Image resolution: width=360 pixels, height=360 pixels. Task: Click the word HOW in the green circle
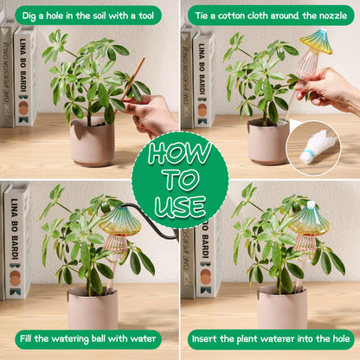[180, 152]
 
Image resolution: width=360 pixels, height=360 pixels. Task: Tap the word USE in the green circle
[180, 206]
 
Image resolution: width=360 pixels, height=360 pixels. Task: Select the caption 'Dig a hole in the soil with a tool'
[88, 16]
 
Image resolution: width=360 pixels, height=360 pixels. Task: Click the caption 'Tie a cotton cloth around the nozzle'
[271, 16]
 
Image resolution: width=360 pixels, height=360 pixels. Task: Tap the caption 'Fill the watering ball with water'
[87, 338]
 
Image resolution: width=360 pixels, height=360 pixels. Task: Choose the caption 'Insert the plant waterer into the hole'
[271, 338]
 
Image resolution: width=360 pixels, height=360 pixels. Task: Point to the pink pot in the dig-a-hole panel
[93, 141]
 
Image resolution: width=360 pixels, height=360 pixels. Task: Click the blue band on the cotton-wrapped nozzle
[307, 152]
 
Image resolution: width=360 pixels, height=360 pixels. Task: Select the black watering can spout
[150, 218]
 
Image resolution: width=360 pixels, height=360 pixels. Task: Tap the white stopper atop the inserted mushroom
[311, 204]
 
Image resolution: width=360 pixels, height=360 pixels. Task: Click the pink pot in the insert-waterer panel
[282, 307]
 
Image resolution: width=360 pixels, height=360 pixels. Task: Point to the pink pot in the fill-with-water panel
[93, 308]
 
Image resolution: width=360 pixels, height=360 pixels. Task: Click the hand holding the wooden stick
[150, 115]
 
